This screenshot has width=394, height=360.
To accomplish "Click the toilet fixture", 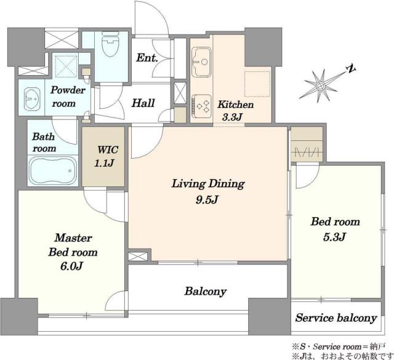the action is [110, 44].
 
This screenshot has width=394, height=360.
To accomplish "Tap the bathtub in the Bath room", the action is [53, 171].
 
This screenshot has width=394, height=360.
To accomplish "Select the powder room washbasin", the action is [32, 99].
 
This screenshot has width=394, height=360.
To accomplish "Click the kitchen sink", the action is [201, 62].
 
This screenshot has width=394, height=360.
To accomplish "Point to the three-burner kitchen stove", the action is [201, 106].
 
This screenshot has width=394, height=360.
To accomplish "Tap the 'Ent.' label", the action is [147, 58].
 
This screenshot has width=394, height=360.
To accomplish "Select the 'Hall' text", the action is [143, 103].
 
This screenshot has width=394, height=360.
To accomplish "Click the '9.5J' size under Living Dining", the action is [208, 200].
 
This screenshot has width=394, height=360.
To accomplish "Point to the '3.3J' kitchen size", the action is [231, 117].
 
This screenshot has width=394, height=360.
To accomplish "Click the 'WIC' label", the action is [108, 150].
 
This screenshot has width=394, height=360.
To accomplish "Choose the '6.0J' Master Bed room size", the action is [71, 266].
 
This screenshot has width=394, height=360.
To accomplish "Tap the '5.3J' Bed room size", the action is [335, 237].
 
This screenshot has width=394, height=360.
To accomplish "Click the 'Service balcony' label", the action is [336, 318].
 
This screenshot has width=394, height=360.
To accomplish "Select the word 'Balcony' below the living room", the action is [206, 292].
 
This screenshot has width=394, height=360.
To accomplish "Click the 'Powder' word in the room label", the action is [68, 90].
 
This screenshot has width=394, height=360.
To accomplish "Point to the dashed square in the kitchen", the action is [257, 84].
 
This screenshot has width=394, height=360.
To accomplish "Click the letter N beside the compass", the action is [352, 69].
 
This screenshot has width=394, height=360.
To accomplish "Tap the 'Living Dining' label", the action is [208, 184].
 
